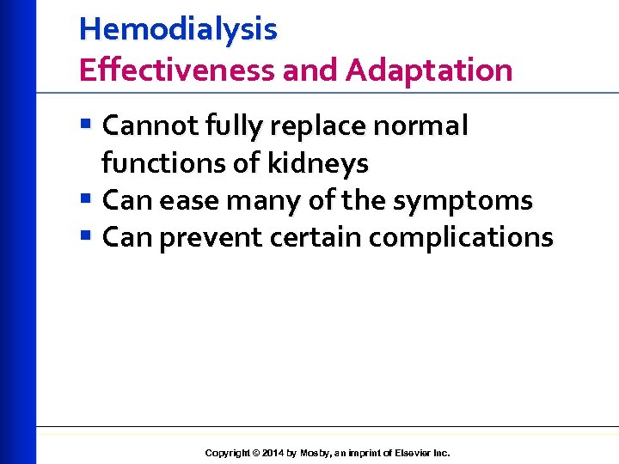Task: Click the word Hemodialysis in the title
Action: pos(178,29)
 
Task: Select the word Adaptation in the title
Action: pos(429,70)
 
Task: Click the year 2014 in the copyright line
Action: pos(271,453)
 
